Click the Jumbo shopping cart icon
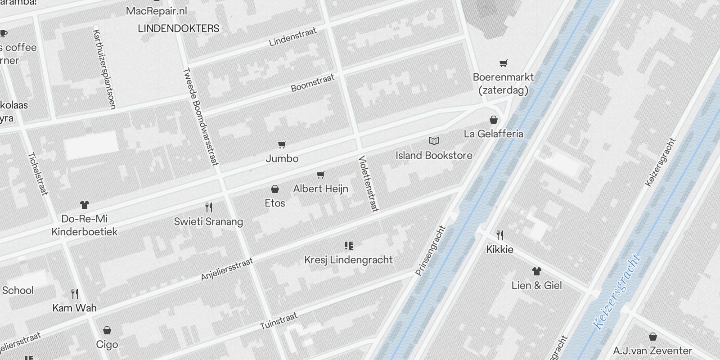point(282,144)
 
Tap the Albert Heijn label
point(320,189)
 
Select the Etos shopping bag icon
point(275,189)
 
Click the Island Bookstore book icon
point(434,141)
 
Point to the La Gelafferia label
point(493,134)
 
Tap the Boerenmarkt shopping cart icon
point(504,63)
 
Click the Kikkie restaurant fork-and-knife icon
point(500,235)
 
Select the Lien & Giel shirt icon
point(536,271)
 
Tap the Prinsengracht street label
point(430,251)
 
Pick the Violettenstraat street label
point(369,184)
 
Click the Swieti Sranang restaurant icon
point(209,207)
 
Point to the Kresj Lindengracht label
point(348,260)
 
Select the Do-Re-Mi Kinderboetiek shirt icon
point(85,205)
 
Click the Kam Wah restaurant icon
point(75,294)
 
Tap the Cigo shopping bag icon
point(107,331)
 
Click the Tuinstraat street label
point(279,321)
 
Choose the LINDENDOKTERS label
point(179,28)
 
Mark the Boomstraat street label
point(313,83)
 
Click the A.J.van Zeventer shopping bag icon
point(653,337)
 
